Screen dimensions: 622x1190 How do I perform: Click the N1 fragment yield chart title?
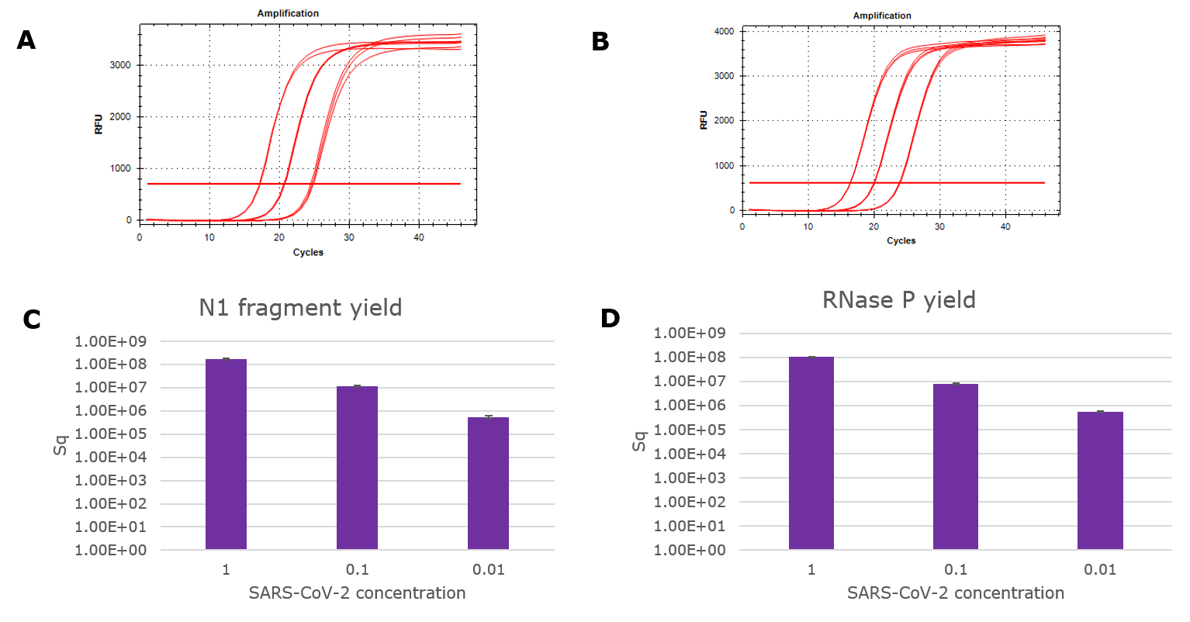click(300, 308)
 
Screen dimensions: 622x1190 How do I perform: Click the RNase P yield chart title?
click(899, 300)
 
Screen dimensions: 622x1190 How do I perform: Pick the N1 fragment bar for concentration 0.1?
click(357, 468)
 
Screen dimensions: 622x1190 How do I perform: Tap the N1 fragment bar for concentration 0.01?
click(488, 483)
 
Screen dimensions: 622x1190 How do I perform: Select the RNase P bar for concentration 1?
click(811, 453)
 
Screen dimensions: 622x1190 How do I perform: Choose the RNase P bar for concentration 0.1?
click(956, 466)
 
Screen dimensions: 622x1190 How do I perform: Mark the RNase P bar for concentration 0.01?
click(1100, 480)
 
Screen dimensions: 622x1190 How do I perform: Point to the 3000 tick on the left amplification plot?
click(119, 65)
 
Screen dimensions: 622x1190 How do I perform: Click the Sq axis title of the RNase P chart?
click(639, 442)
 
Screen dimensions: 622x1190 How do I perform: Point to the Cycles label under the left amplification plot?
click(308, 252)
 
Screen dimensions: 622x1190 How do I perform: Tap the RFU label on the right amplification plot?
click(704, 120)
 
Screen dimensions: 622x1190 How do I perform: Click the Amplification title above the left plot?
click(288, 13)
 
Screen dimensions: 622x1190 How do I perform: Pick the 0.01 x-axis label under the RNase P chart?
click(1100, 570)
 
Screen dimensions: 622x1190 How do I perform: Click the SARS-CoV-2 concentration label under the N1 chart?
click(357, 593)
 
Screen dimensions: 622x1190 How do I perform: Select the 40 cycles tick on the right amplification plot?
click(1005, 226)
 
